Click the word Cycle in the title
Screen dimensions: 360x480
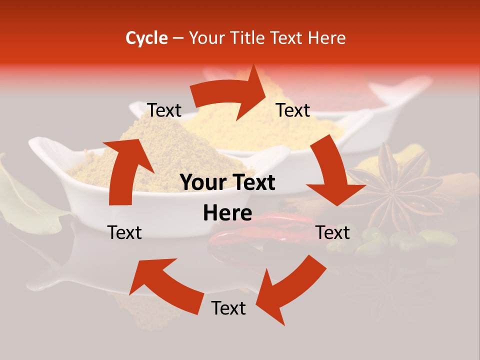point(146,38)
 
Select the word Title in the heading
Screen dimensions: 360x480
point(248,38)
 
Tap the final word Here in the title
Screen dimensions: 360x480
point(327,38)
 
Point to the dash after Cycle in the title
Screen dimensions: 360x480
point(178,38)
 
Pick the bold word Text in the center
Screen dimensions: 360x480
point(254,183)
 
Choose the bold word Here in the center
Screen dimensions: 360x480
point(227,213)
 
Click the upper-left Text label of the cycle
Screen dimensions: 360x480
point(164,110)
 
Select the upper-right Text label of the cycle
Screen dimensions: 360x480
point(293,110)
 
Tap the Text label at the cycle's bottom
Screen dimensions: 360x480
point(228,308)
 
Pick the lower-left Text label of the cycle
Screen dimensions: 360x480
point(124,232)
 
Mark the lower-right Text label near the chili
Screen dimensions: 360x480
point(332,232)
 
